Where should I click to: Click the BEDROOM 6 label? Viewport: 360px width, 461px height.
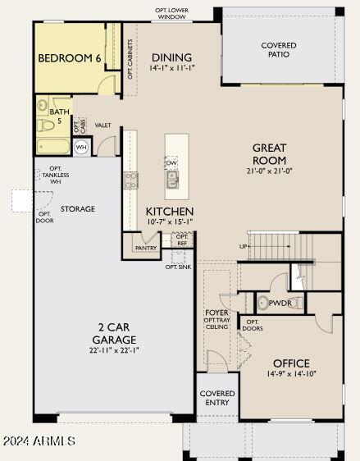pyautogui.click(x=70, y=59)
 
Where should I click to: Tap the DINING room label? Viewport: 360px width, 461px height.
pyautogui.click(x=172, y=57)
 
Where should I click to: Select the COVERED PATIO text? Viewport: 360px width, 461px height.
pyautogui.click(x=279, y=50)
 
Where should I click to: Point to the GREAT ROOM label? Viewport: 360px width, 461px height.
pyautogui.click(x=269, y=154)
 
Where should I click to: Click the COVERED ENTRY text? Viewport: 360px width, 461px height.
pyautogui.click(x=217, y=398)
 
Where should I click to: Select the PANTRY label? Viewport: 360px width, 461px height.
pyautogui.click(x=146, y=248)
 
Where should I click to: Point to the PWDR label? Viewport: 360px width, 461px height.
pyautogui.click(x=280, y=303)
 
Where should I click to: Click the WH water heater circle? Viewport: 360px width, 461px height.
pyautogui.click(x=81, y=148)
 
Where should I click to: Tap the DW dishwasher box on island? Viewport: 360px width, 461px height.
pyautogui.click(x=171, y=163)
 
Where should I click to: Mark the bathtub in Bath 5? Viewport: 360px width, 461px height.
pyautogui.click(x=54, y=147)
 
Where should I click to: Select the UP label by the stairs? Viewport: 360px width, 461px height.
pyautogui.click(x=243, y=246)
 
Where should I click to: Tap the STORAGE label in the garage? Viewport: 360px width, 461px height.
pyautogui.click(x=77, y=209)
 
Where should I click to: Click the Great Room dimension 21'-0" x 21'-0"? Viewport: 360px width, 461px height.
pyautogui.click(x=269, y=171)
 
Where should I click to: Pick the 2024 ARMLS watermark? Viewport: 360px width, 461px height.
pyautogui.click(x=39, y=441)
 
